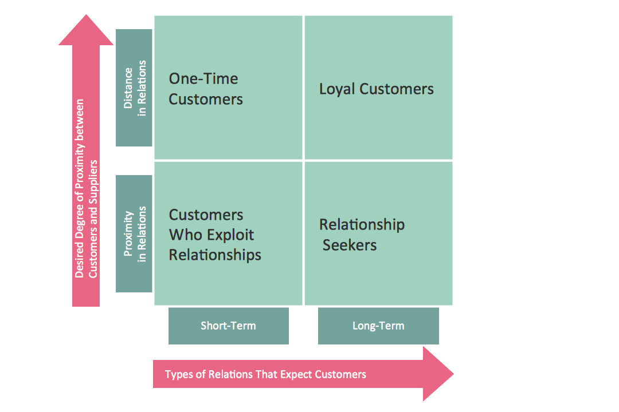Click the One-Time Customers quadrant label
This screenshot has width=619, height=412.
pos(206,89)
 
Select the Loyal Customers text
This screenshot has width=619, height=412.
pos(376,89)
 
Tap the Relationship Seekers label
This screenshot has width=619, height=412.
pos(361,235)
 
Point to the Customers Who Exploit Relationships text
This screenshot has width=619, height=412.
pos(214,235)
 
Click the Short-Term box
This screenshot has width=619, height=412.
pos(228,326)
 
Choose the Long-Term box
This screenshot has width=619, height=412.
pos(378,326)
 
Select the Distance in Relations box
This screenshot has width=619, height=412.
pos(134,88)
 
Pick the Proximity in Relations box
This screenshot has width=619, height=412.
pos(134,233)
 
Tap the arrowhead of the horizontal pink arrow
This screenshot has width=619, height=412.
pos(438,374)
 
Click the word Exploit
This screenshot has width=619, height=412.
pos(230,235)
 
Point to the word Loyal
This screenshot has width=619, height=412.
pos(338,90)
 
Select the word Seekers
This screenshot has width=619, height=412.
pos(350,245)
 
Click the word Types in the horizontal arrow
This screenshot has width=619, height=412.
pos(178,375)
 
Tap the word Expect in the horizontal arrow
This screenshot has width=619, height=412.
pos(295,375)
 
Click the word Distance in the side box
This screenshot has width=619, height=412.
pos(128,88)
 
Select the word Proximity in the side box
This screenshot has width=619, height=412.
pos(128,233)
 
